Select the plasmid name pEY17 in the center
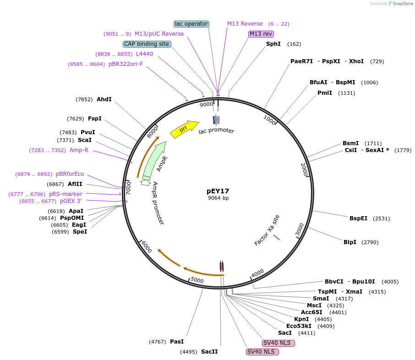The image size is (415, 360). [218, 191]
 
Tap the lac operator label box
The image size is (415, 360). [191, 24]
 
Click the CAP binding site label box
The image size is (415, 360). [147, 44]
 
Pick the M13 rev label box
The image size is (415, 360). [261, 34]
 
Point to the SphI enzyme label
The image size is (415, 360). [273, 44]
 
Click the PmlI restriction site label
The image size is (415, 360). [325, 93]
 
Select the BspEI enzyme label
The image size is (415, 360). [358, 218]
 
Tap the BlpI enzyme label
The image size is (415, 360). [350, 242]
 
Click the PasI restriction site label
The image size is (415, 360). [177, 341]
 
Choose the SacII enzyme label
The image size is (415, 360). [209, 352]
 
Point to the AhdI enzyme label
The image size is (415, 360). [104, 99]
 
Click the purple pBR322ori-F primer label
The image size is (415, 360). [126, 64]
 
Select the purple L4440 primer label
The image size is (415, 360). [144, 54]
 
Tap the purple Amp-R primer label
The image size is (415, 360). [79, 150]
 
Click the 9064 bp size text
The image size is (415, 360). [218, 198]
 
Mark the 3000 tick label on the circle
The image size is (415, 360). [299, 229]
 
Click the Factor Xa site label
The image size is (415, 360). [267, 230]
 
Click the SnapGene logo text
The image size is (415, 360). [400, 4]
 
